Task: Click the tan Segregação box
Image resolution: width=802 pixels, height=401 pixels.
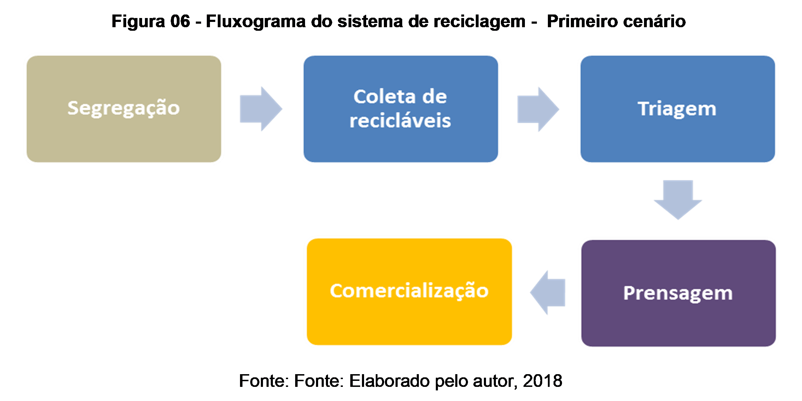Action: click(124, 109)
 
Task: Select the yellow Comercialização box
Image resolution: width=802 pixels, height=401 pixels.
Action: click(409, 291)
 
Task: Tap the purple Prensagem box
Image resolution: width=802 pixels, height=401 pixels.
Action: click(678, 293)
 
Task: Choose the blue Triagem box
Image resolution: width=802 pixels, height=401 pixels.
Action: click(677, 109)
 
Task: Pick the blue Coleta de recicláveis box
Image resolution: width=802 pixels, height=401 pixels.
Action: click(400, 109)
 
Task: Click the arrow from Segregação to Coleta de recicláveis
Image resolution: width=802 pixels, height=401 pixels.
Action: click(260, 109)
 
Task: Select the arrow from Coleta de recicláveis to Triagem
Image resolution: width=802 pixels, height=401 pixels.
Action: click(538, 109)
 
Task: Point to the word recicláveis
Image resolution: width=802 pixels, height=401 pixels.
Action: click(400, 121)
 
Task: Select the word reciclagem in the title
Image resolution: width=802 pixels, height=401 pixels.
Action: click(479, 22)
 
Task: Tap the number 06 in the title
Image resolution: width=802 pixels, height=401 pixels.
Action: click(181, 22)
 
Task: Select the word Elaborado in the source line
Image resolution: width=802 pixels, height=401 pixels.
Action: click(389, 381)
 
